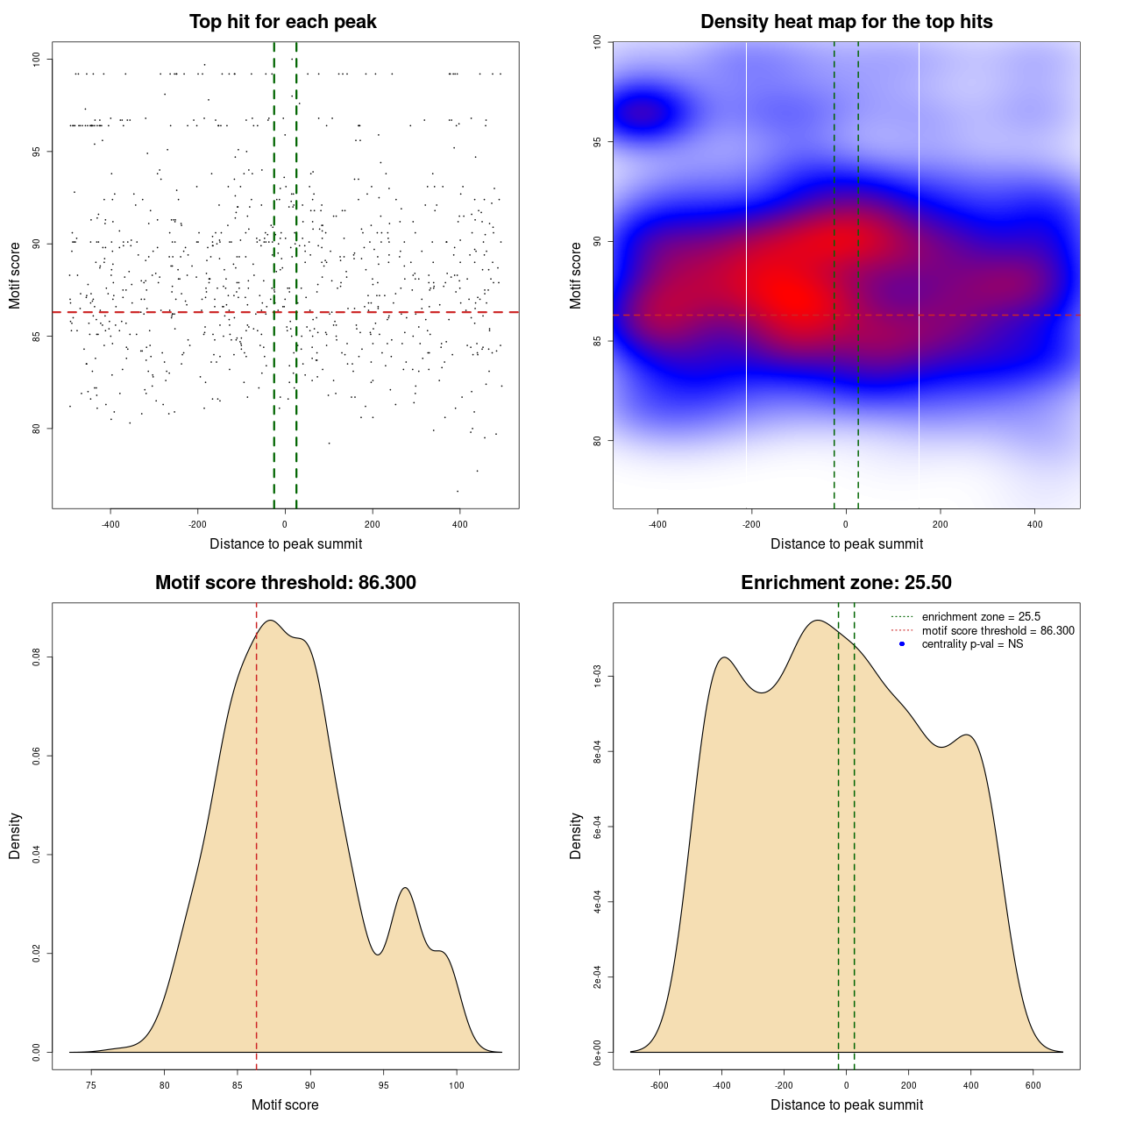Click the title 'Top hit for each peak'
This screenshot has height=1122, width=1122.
point(282,22)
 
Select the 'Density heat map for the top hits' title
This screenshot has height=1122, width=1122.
point(846,22)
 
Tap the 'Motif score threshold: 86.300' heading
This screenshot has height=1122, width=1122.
point(285,583)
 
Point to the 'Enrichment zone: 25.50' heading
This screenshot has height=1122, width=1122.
point(846,583)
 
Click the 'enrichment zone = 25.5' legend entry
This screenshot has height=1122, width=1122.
point(981,617)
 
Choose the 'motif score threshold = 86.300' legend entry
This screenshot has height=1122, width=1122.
point(998,631)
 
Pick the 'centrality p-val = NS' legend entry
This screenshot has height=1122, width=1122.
point(972,644)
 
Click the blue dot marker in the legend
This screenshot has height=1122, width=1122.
point(902,644)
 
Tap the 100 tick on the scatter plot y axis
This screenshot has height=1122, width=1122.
point(37,59)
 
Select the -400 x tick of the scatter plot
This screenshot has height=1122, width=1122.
point(110,524)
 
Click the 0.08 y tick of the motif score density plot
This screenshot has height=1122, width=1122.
point(37,657)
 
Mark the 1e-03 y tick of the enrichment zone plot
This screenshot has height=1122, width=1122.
point(598,677)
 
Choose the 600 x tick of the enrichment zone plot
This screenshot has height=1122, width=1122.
point(1033,1085)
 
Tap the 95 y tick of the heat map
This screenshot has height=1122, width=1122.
point(598,141)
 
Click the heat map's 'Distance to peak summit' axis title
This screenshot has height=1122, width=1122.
point(846,544)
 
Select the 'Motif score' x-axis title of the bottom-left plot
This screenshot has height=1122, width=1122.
point(285,1105)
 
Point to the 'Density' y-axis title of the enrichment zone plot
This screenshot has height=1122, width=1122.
point(576,835)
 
